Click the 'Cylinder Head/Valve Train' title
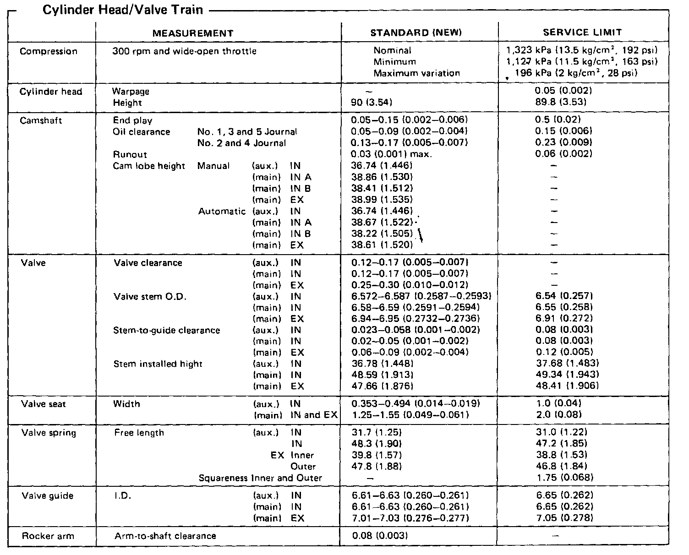[x=122, y=10]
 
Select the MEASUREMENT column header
[x=193, y=33]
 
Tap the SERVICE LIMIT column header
[x=582, y=33]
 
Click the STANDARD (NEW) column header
[x=416, y=33]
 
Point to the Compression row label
[x=49, y=51]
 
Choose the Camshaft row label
[x=41, y=121]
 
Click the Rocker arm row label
[x=48, y=536]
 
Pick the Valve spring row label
[x=49, y=433]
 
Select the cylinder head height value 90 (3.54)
[x=372, y=103]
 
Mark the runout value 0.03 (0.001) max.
[x=392, y=154]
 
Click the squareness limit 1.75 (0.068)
[x=564, y=478]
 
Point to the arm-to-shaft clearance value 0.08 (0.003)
[x=380, y=535]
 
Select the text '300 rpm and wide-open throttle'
[x=184, y=51]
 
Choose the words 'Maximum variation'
[x=416, y=73]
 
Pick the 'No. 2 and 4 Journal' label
[x=241, y=143]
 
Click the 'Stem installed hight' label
[x=158, y=364]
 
